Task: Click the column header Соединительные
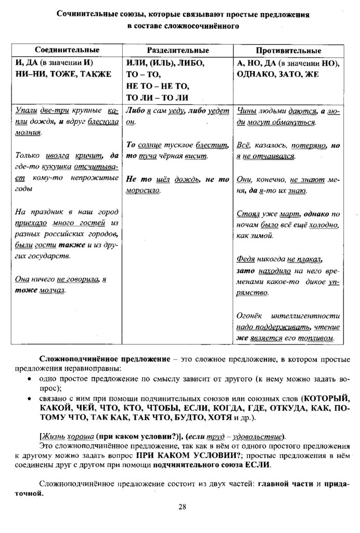click(x=67, y=49)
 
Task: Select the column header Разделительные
click(x=178, y=50)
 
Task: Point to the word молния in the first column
click(x=28, y=133)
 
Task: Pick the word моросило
click(x=143, y=190)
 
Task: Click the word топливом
click(x=318, y=339)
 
